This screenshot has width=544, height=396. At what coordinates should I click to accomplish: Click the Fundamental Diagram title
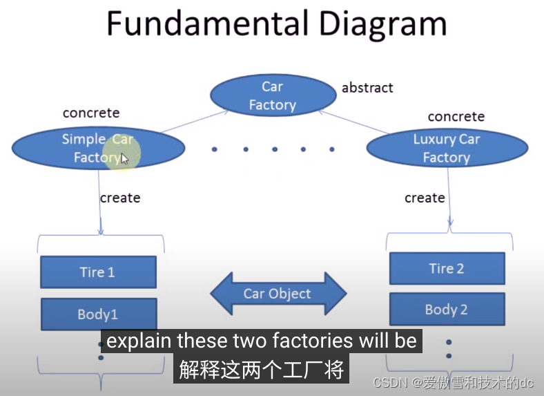coord(275,25)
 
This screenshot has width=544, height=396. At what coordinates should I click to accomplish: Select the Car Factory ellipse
coord(272,95)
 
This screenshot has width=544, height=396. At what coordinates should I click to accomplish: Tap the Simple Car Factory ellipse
coord(98,148)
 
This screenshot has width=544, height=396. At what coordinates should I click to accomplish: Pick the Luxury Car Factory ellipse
coord(447,148)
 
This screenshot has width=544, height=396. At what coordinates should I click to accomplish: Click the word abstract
coord(367,88)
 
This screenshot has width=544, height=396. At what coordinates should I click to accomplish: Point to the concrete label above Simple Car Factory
coord(90,113)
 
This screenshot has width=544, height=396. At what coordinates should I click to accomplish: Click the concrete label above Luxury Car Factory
coord(456,117)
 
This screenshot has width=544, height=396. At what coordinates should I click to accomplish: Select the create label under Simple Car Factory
coord(119,198)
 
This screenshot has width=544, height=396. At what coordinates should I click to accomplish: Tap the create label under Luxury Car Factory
coord(424,198)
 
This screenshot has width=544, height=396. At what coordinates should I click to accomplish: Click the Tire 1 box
coord(98,272)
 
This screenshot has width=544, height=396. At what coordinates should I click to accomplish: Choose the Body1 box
coord(98,314)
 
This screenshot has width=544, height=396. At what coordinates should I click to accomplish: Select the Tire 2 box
coord(447,268)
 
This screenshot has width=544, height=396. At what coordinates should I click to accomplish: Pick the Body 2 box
coord(447,310)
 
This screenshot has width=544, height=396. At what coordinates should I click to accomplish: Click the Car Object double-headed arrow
coord(278,294)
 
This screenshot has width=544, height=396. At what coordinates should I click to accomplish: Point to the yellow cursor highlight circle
coord(122,153)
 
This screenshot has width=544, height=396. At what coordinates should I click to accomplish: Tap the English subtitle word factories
coord(298,341)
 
